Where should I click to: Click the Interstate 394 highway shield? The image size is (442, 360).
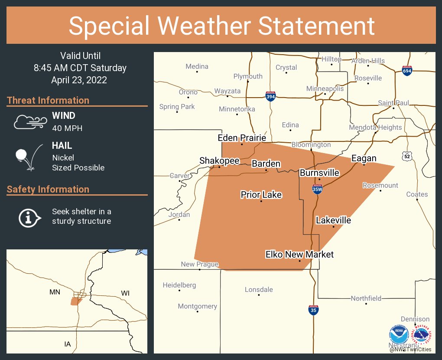[271, 96]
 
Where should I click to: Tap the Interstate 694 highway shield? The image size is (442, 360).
[406, 71]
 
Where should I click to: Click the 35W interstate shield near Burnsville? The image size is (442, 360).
[317, 189]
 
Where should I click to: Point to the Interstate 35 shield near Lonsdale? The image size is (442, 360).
[313, 310]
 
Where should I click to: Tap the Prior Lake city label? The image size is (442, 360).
[261, 195]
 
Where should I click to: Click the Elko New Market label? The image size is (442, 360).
[300, 254]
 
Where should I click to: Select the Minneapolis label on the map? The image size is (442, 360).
[325, 88]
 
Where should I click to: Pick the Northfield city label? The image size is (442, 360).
[366, 298]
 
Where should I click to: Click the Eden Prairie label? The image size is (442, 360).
[242, 138]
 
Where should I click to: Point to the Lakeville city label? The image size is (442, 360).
[333, 220]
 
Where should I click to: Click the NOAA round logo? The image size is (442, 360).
[398, 335]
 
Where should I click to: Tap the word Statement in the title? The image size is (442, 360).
[317, 26]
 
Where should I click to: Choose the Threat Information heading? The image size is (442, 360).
[48, 100]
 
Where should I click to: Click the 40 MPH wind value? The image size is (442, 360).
[67, 128]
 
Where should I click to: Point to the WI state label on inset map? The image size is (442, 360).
[125, 293]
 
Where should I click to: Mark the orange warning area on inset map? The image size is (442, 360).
[76, 301]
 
